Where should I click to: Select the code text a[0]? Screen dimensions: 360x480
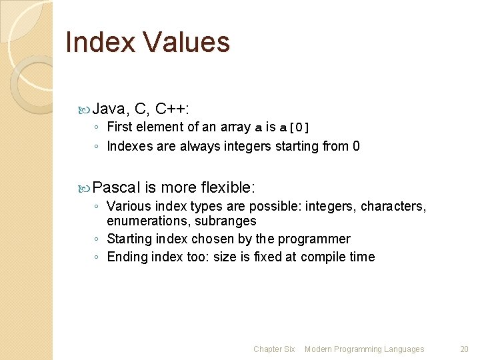294,127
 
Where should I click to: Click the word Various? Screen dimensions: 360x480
129,206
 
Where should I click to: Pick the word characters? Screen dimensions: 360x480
393,206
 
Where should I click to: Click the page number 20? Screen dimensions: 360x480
465,349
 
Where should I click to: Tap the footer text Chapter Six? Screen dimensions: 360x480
274,349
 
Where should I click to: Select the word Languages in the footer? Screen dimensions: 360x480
403,349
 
